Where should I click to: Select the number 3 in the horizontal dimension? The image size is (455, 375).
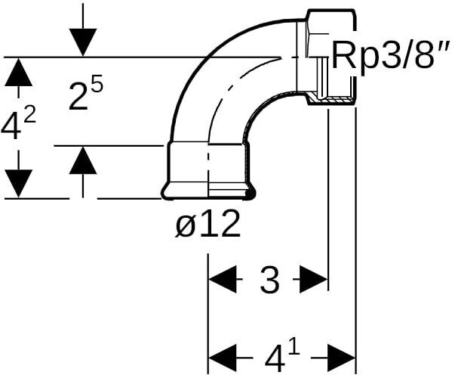click(269, 280)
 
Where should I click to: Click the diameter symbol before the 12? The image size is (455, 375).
click(186, 225)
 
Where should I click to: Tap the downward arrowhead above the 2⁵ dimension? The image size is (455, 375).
click(82, 40)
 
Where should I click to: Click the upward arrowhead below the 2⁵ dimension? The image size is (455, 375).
click(82, 160)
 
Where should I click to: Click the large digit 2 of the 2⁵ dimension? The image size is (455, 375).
click(78, 98)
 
